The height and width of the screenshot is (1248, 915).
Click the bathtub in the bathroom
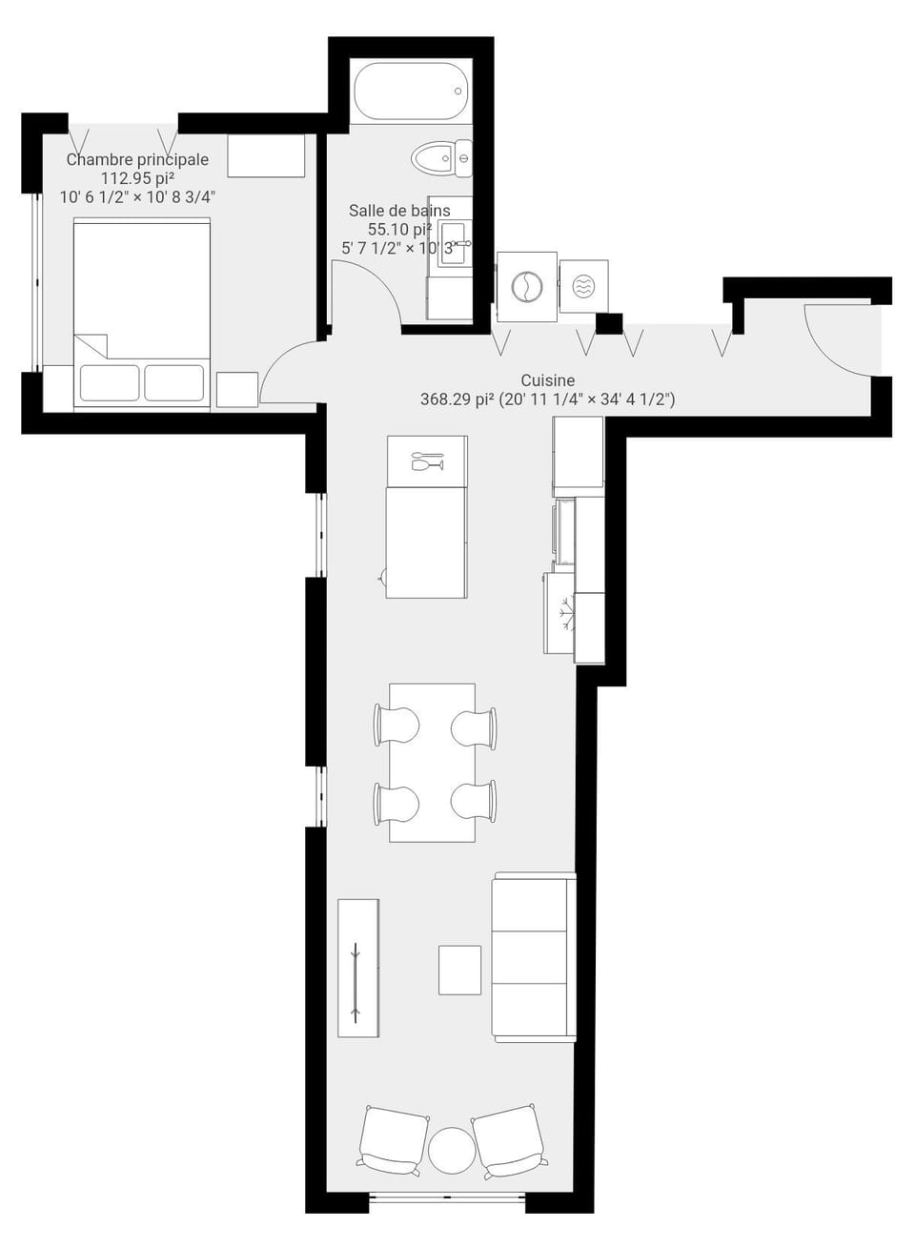pyautogui.click(x=412, y=91)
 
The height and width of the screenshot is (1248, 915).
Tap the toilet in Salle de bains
pyautogui.click(x=440, y=158)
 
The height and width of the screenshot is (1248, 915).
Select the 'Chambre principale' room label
pyautogui.click(x=137, y=159)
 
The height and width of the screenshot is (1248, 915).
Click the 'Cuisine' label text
pyautogui.click(x=547, y=380)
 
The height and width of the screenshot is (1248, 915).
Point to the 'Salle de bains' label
pyautogui.click(x=399, y=211)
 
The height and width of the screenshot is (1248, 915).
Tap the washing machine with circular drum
pyautogui.click(x=526, y=286)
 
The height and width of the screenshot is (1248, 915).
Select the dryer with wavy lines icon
pyautogui.click(x=583, y=286)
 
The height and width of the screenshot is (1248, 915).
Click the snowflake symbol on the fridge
pyautogui.click(x=567, y=613)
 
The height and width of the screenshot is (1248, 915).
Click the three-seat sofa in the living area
pyautogui.click(x=534, y=957)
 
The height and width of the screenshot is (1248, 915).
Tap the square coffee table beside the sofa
pyautogui.click(x=459, y=970)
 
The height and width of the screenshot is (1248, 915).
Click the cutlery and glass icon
pyautogui.click(x=427, y=461)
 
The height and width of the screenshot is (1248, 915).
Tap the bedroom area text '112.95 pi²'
pyautogui.click(x=137, y=178)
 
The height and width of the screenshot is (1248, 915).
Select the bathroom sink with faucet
pyautogui.click(x=455, y=243)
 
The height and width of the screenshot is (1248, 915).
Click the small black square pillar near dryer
pyautogui.click(x=609, y=324)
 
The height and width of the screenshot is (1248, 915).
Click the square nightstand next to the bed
pyautogui.click(x=237, y=389)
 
